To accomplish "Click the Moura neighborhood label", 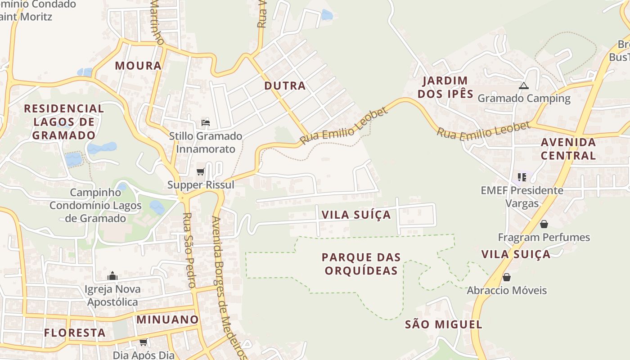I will tap(138, 66).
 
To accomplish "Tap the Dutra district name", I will tap(285, 86).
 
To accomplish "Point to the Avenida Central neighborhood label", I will tap(568, 149).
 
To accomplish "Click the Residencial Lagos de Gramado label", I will tap(64, 122).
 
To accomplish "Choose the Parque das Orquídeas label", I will tap(361, 264).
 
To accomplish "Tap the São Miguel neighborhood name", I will tap(443, 324).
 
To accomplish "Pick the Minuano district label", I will tap(167, 320).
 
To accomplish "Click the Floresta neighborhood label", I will tap(75, 333).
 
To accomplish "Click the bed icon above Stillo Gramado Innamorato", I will tap(206, 122).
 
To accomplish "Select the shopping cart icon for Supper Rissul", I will tap(201, 171).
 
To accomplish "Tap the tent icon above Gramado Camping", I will tap(523, 85).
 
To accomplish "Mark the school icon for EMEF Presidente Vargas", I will tap(522, 177).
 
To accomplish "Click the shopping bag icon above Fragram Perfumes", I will tap(544, 224).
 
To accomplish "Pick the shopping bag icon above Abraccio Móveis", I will tap(507, 277).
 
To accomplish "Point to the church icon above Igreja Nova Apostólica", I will tap(112, 276).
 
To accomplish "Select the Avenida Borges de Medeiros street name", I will tap(229, 288).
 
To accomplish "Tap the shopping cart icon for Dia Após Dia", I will tap(144, 342).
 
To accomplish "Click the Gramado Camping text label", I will tap(524, 98).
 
